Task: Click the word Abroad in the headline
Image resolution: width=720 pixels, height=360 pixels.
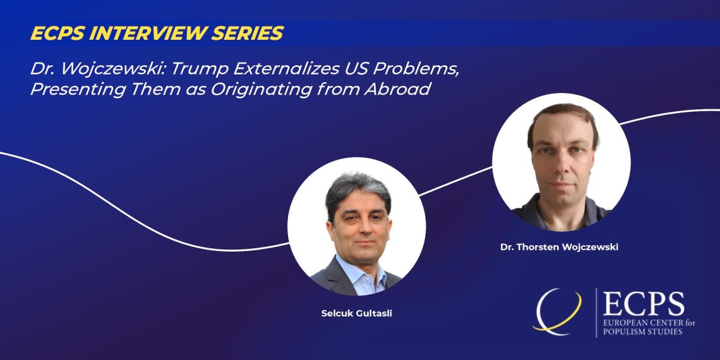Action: tap(397, 89)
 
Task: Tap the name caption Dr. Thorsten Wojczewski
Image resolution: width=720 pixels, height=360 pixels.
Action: tap(560, 247)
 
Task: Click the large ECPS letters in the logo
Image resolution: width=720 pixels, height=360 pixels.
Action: tap(644, 304)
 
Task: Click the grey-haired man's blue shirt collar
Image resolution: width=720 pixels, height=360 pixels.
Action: tap(361, 271)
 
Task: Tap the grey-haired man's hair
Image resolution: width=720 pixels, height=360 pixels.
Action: tap(357, 188)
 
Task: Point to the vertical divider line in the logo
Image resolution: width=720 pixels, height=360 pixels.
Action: tap(596, 313)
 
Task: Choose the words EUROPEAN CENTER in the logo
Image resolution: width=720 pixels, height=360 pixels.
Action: tap(639, 323)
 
